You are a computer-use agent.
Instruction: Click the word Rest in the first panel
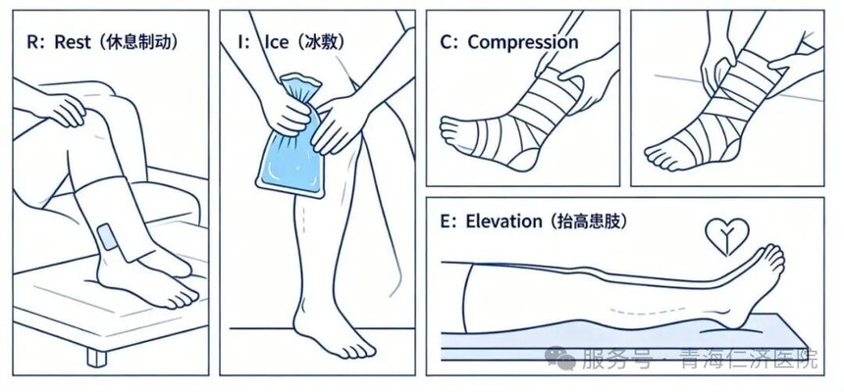click(73, 42)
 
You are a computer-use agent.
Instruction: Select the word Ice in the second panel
click(276, 42)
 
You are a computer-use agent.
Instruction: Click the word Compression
click(523, 42)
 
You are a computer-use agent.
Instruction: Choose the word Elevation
click(504, 221)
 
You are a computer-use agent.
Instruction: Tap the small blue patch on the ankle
click(109, 236)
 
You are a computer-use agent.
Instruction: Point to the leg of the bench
click(97, 357)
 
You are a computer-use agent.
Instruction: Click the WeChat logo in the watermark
click(559, 358)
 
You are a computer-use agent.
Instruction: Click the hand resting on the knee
click(61, 109)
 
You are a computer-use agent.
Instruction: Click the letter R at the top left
click(32, 43)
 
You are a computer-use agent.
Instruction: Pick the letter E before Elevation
click(446, 221)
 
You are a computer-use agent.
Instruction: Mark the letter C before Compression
click(447, 42)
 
